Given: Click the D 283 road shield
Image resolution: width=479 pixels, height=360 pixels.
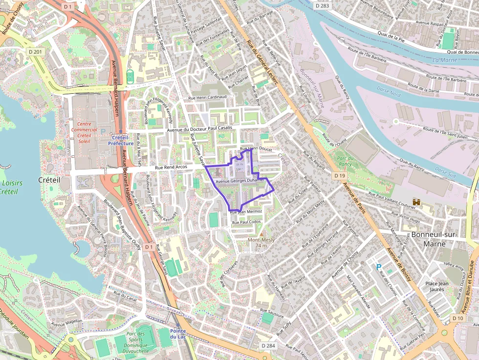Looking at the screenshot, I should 322,5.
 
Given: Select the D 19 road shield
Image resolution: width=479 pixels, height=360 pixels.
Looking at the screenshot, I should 340,175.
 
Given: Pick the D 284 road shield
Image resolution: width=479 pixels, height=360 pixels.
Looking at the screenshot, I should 268,345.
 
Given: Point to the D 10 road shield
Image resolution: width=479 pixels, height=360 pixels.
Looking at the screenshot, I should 457,318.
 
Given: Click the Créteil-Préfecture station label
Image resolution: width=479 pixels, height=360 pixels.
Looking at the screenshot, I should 121,141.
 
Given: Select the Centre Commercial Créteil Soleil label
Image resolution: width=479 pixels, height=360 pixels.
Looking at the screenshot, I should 84,132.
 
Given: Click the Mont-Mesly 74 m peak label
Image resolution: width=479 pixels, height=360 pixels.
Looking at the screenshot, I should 261,242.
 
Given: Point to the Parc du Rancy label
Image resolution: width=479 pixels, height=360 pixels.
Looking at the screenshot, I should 345,161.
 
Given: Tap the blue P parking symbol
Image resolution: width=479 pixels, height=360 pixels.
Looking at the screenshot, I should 378,267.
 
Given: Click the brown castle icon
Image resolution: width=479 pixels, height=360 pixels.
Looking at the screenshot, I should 416,201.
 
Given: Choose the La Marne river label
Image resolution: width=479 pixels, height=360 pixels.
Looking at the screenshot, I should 445,60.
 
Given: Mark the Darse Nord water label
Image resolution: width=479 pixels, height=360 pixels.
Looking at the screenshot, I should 389,89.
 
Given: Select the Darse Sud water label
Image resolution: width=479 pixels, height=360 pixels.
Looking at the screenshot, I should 445,172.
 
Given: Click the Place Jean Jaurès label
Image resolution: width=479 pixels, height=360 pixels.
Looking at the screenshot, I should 436,286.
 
